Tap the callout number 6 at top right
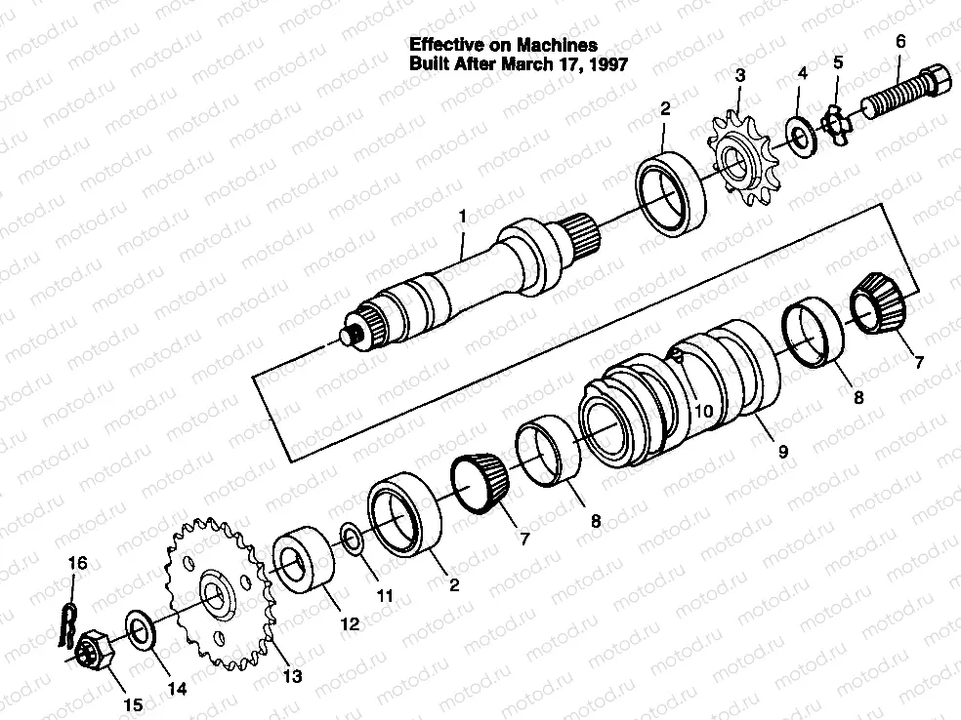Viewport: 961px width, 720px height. tap(900, 41)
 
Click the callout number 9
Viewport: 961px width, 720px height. tap(782, 452)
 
